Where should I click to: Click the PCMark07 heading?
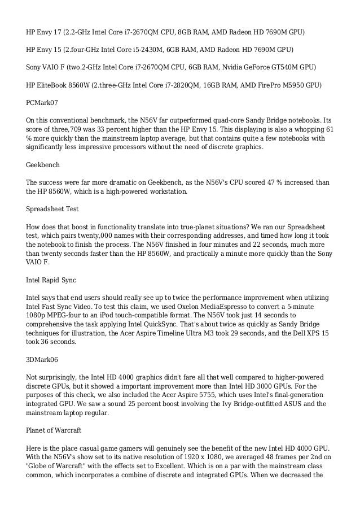coord(42,103)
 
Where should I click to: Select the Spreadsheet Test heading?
coord(52,208)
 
